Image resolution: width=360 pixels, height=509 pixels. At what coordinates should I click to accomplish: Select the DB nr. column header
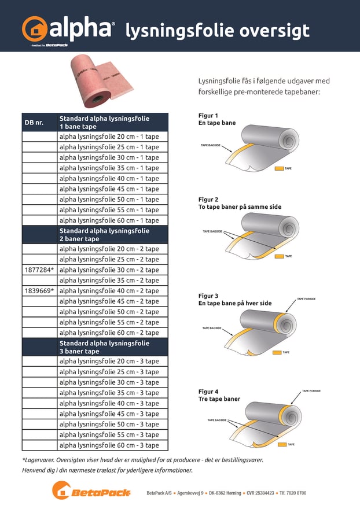click(34, 123)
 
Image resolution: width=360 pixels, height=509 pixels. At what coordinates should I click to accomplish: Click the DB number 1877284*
click(39, 270)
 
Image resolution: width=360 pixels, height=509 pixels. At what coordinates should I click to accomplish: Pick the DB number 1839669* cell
click(39, 291)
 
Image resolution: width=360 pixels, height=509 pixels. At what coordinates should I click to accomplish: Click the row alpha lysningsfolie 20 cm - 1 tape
click(109, 137)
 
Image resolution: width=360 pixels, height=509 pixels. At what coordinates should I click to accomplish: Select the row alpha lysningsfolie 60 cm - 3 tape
click(109, 445)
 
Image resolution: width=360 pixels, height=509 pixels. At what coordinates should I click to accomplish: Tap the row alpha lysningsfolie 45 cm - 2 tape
click(109, 301)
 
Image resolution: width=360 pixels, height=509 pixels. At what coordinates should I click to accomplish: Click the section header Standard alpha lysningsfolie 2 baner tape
click(104, 235)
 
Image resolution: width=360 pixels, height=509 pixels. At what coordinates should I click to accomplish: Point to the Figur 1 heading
click(208, 116)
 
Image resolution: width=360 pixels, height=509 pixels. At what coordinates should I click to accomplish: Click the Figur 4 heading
click(208, 392)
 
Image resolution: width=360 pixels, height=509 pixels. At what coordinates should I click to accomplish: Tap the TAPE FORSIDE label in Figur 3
click(308, 300)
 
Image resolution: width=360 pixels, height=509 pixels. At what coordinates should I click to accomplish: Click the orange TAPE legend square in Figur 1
click(278, 168)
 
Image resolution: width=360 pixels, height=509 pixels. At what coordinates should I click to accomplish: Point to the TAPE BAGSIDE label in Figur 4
click(217, 421)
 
